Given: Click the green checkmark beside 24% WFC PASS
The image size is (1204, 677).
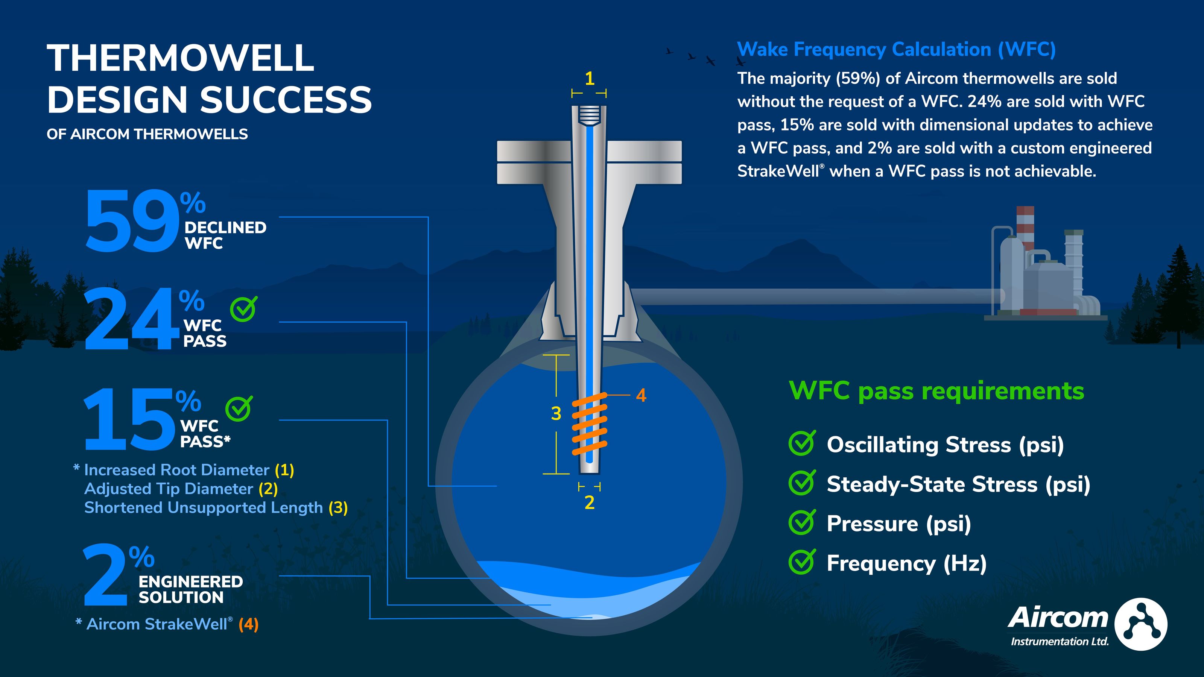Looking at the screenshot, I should [x=243, y=308].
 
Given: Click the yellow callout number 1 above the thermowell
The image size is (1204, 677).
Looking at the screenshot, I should [x=589, y=79].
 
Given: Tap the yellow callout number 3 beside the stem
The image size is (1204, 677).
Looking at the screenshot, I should [x=556, y=413].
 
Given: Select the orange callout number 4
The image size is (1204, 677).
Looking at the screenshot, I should [x=641, y=396].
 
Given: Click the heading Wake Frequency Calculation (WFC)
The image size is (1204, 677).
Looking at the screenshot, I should [x=896, y=50].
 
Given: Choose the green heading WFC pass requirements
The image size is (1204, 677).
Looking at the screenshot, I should [x=936, y=391].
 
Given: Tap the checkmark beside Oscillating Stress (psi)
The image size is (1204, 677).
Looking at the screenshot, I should [x=802, y=443].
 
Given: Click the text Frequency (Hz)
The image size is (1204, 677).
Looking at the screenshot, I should [x=906, y=563].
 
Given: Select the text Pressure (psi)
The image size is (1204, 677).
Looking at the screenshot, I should [x=898, y=523].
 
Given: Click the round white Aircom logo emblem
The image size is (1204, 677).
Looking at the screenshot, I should [x=1140, y=624].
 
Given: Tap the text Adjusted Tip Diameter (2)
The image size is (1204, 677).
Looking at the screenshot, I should [x=181, y=489].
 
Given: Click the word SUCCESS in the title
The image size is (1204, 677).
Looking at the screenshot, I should [x=286, y=100].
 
